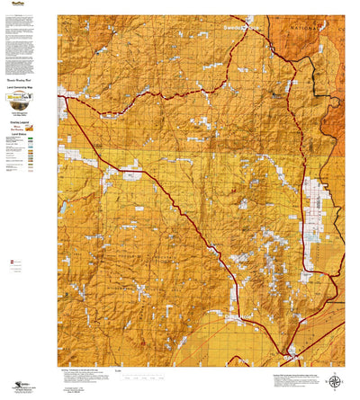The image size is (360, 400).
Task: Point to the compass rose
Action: pos(335,380)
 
